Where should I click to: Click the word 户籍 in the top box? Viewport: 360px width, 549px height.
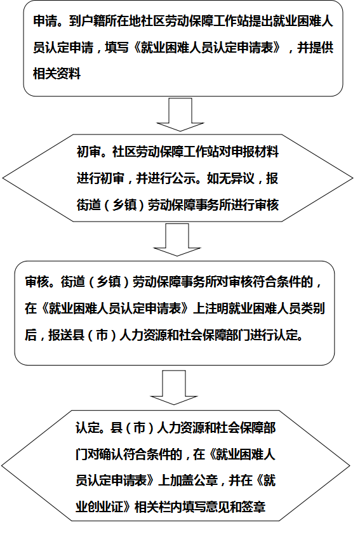93,22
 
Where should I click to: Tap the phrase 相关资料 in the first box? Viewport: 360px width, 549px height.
57,74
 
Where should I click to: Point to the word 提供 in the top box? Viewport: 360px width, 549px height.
321,47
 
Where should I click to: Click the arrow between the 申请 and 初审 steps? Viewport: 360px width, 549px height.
180,114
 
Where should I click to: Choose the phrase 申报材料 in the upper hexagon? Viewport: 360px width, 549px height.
255,152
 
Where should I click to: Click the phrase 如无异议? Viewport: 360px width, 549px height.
230,178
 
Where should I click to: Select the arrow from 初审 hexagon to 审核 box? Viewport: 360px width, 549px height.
177,240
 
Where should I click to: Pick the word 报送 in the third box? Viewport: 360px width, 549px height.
60,334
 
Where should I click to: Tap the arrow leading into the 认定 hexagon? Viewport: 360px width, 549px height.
174,387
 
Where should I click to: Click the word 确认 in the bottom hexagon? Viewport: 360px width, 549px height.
111,454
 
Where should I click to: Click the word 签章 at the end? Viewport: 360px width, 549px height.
253,506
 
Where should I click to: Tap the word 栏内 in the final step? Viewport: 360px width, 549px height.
170,506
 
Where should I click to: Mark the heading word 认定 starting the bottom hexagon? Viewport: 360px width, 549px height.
88,428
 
